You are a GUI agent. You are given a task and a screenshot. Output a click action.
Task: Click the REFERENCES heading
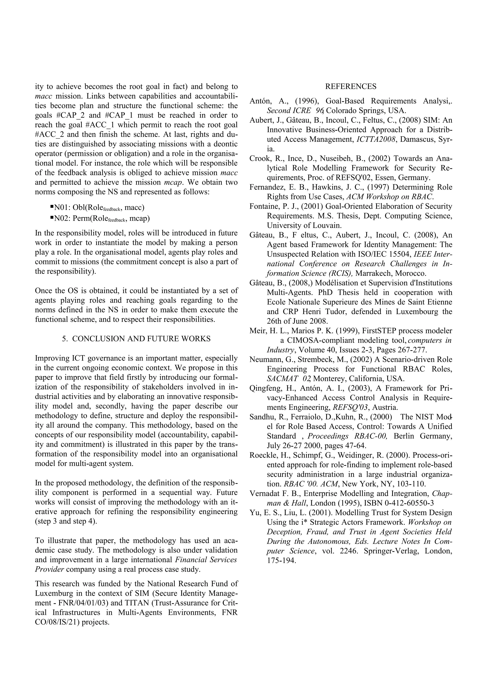pos(351,87)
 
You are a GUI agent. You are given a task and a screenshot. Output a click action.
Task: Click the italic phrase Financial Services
pos(206,560)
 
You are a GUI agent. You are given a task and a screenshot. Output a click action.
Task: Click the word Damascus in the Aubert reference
pos(417,140)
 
